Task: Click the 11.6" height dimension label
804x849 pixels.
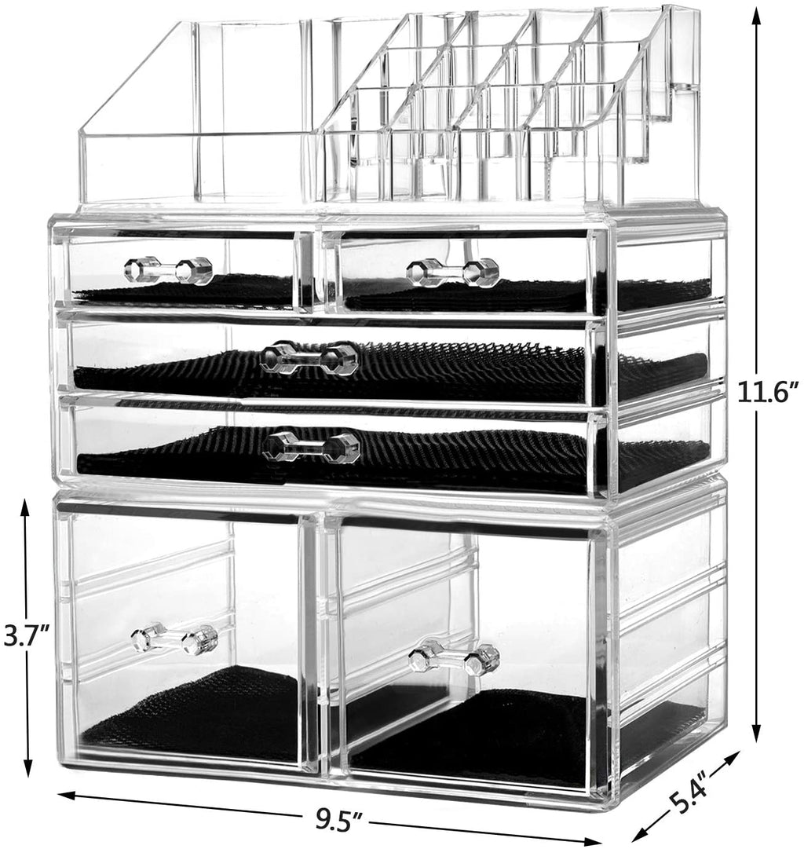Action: (769, 392)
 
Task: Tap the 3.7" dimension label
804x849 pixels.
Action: (27, 635)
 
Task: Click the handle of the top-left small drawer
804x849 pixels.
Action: (168, 269)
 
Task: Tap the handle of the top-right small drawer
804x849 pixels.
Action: (452, 273)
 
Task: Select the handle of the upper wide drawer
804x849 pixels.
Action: (309, 357)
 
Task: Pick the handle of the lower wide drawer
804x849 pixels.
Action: (311, 445)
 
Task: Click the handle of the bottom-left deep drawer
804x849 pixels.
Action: (174, 639)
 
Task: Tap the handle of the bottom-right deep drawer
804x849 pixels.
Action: (454, 656)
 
